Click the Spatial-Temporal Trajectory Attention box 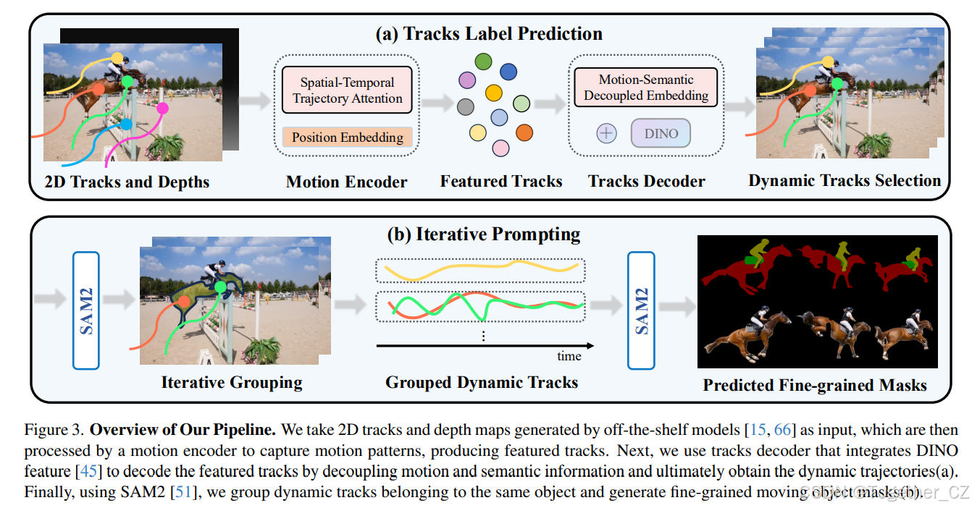coord(346,90)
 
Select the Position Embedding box coord(347,137)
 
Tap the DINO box coord(661,133)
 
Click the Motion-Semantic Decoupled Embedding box coord(646,88)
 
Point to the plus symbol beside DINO coord(606,134)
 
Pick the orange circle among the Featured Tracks coord(524,132)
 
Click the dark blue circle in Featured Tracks coord(508,71)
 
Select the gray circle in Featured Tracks coord(466,107)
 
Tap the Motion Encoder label coord(346,181)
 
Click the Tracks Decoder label coord(646,181)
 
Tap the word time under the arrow coord(569,356)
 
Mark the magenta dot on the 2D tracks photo coord(163,108)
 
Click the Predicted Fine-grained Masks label coord(815,385)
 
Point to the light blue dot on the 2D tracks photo coord(127,124)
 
